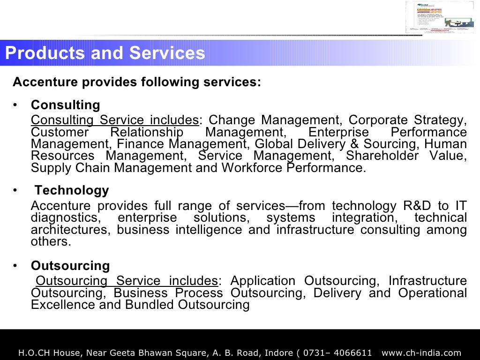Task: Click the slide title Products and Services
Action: [105, 53]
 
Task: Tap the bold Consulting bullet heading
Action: [66, 105]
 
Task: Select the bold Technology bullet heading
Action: [72, 190]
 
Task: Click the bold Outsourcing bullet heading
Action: [70, 266]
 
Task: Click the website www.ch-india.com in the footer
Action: [422, 352]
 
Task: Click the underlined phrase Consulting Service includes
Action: [115, 120]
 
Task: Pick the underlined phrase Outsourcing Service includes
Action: [127, 281]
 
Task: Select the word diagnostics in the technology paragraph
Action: [65, 218]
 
